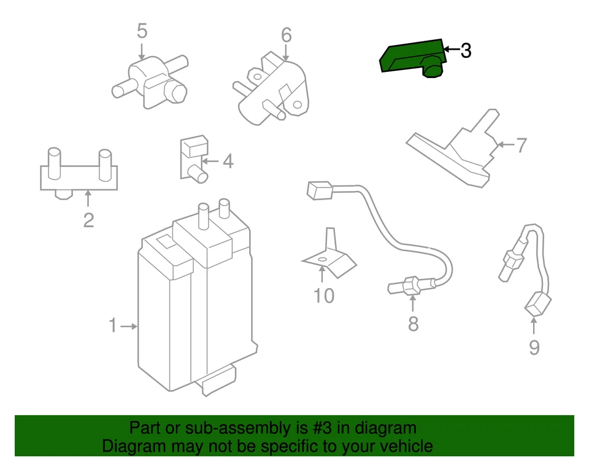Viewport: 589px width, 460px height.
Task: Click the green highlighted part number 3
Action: [x=411, y=58]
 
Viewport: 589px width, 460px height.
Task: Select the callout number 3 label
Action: [x=466, y=50]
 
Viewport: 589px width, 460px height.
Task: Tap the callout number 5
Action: [x=142, y=30]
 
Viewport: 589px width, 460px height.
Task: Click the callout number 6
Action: [x=287, y=36]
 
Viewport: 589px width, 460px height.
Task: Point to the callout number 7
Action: [x=521, y=146]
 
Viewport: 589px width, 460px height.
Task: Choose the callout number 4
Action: [x=228, y=162]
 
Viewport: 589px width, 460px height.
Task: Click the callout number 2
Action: [x=88, y=220]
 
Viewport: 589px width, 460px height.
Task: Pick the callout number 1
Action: [x=112, y=326]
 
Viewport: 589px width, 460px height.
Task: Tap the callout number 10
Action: [x=323, y=296]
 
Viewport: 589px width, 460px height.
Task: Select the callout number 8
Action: [x=413, y=324]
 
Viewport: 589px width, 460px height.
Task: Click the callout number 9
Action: [x=534, y=348]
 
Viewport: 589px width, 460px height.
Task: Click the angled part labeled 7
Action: [x=460, y=154]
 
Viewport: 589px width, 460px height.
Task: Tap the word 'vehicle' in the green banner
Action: [x=402, y=446]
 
